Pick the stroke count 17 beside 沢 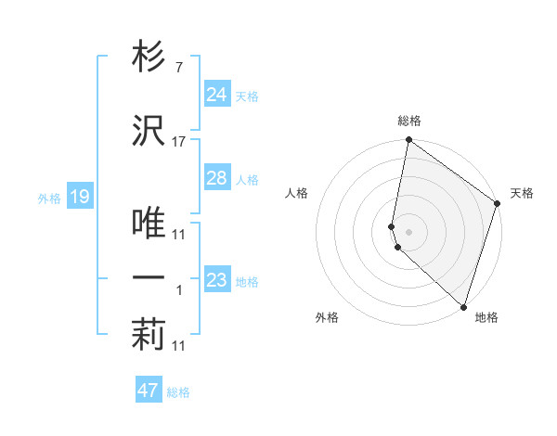(x=179, y=142)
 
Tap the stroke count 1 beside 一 (x=180, y=290)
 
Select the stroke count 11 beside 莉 (x=179, y=346)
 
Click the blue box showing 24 (x=217, y=95)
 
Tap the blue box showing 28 (x=217, y=178)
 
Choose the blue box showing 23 (x=217, y=280)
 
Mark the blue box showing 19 (x=79, y=197)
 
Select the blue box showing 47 (x=149, y=391)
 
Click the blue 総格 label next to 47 (x=179, y=392)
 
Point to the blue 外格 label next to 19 (x=49, y=198)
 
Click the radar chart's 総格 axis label (x=409, y=122)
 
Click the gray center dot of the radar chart (x=409, y=231)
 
